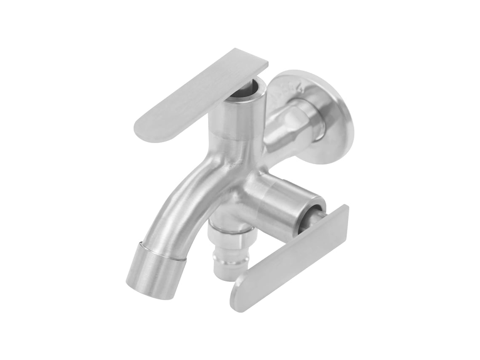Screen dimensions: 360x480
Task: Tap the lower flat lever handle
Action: click(x=291, y=259)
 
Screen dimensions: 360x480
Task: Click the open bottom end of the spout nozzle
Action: click(x=139, y=286)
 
